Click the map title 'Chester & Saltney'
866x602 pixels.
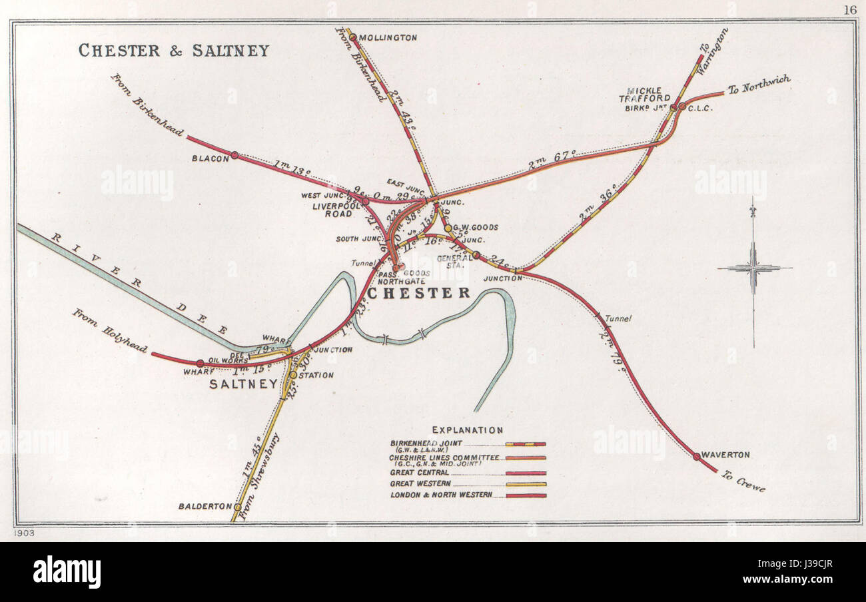tap(174, 51)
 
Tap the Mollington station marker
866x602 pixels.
tap(353, 37)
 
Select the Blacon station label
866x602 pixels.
tap(211, 157)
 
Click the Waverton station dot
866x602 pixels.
tap(696, 457)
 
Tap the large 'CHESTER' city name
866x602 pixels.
tap(419, 293)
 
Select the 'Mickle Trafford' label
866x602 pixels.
tap(649, 94)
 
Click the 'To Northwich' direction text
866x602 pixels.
tap(759, 85)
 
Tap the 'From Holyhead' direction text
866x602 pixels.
tap(110, 330)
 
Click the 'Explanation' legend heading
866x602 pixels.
tap(467, 430)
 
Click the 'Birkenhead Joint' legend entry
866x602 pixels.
tap(426, 443)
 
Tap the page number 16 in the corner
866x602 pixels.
tap(849, 9)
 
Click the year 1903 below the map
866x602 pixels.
tap(23, 533)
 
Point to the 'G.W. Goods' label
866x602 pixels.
tap(477, 227)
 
